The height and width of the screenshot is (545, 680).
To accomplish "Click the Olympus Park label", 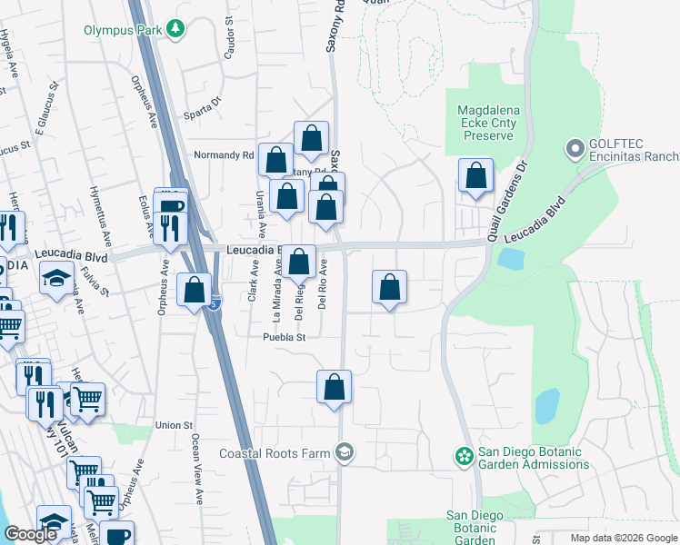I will click(x=123, y=30).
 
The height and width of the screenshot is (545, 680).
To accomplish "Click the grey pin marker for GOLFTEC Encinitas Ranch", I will click(x=575, y=147).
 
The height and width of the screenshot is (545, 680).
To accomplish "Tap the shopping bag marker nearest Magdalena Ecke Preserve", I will click(x=475, y=175).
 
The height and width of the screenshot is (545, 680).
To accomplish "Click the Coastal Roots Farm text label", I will click(x=276, y=452).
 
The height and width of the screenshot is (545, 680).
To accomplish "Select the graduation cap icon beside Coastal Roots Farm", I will click(x=345, y=451).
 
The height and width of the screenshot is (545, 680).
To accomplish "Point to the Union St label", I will click(x=175, y=424).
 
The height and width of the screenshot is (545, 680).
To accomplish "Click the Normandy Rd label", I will click(x=224, y=155).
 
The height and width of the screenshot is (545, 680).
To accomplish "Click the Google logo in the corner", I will click(x=30, y=533).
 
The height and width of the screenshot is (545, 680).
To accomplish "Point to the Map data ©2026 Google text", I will click(x=623, y=538).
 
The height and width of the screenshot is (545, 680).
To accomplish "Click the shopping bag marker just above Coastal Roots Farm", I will click(x=335, y=385).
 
